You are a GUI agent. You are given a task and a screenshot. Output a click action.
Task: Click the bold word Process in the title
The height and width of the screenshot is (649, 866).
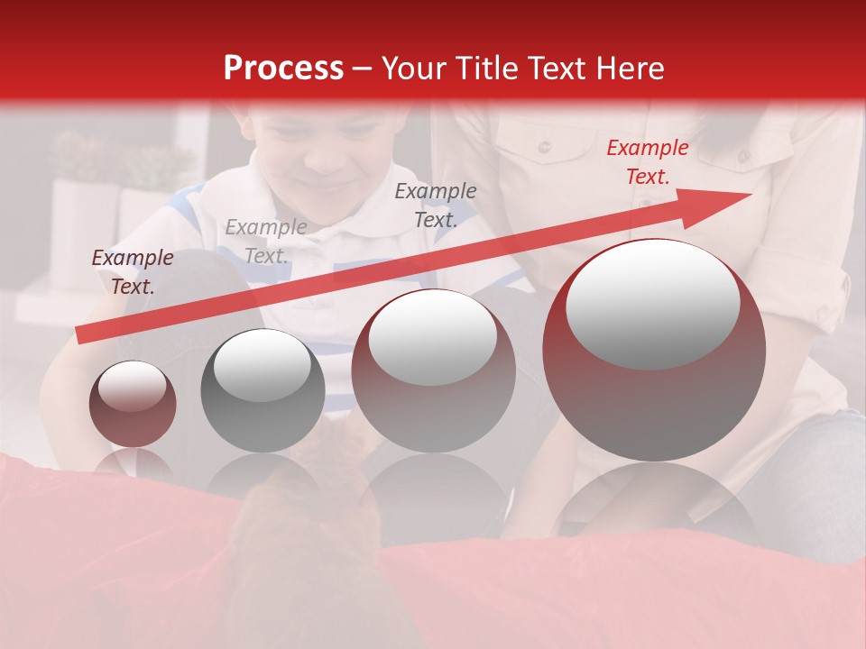tap(283, 69)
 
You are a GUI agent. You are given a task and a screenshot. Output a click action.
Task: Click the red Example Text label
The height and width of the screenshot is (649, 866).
tap(647, 162)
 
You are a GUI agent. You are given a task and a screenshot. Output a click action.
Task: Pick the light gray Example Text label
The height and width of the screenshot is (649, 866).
tap(265, 242)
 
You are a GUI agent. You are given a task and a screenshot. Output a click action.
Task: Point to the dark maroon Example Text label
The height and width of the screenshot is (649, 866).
tap(133, 272)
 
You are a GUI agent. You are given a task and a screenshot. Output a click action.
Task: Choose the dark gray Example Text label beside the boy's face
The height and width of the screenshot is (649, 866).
tap(435, 206)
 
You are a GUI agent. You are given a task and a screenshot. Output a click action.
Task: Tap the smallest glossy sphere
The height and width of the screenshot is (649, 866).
tap(133, 404)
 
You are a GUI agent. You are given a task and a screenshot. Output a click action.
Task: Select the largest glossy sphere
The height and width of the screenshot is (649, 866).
tap(654, 350)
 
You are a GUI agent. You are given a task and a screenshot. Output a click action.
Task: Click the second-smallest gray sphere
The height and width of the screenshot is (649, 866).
tap(263, 390)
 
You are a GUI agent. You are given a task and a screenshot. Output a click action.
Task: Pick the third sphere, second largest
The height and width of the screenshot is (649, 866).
tap(433, 370)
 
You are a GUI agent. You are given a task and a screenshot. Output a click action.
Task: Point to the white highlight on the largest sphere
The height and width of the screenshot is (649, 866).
tap(652, 304)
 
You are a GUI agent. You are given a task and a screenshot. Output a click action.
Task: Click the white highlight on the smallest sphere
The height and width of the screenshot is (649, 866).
tap(133, 386)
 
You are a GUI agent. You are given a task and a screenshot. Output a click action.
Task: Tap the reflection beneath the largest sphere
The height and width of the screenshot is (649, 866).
tap(654, 500)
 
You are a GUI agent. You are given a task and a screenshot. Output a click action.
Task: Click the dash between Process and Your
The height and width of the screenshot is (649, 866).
tap(362, 69)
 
